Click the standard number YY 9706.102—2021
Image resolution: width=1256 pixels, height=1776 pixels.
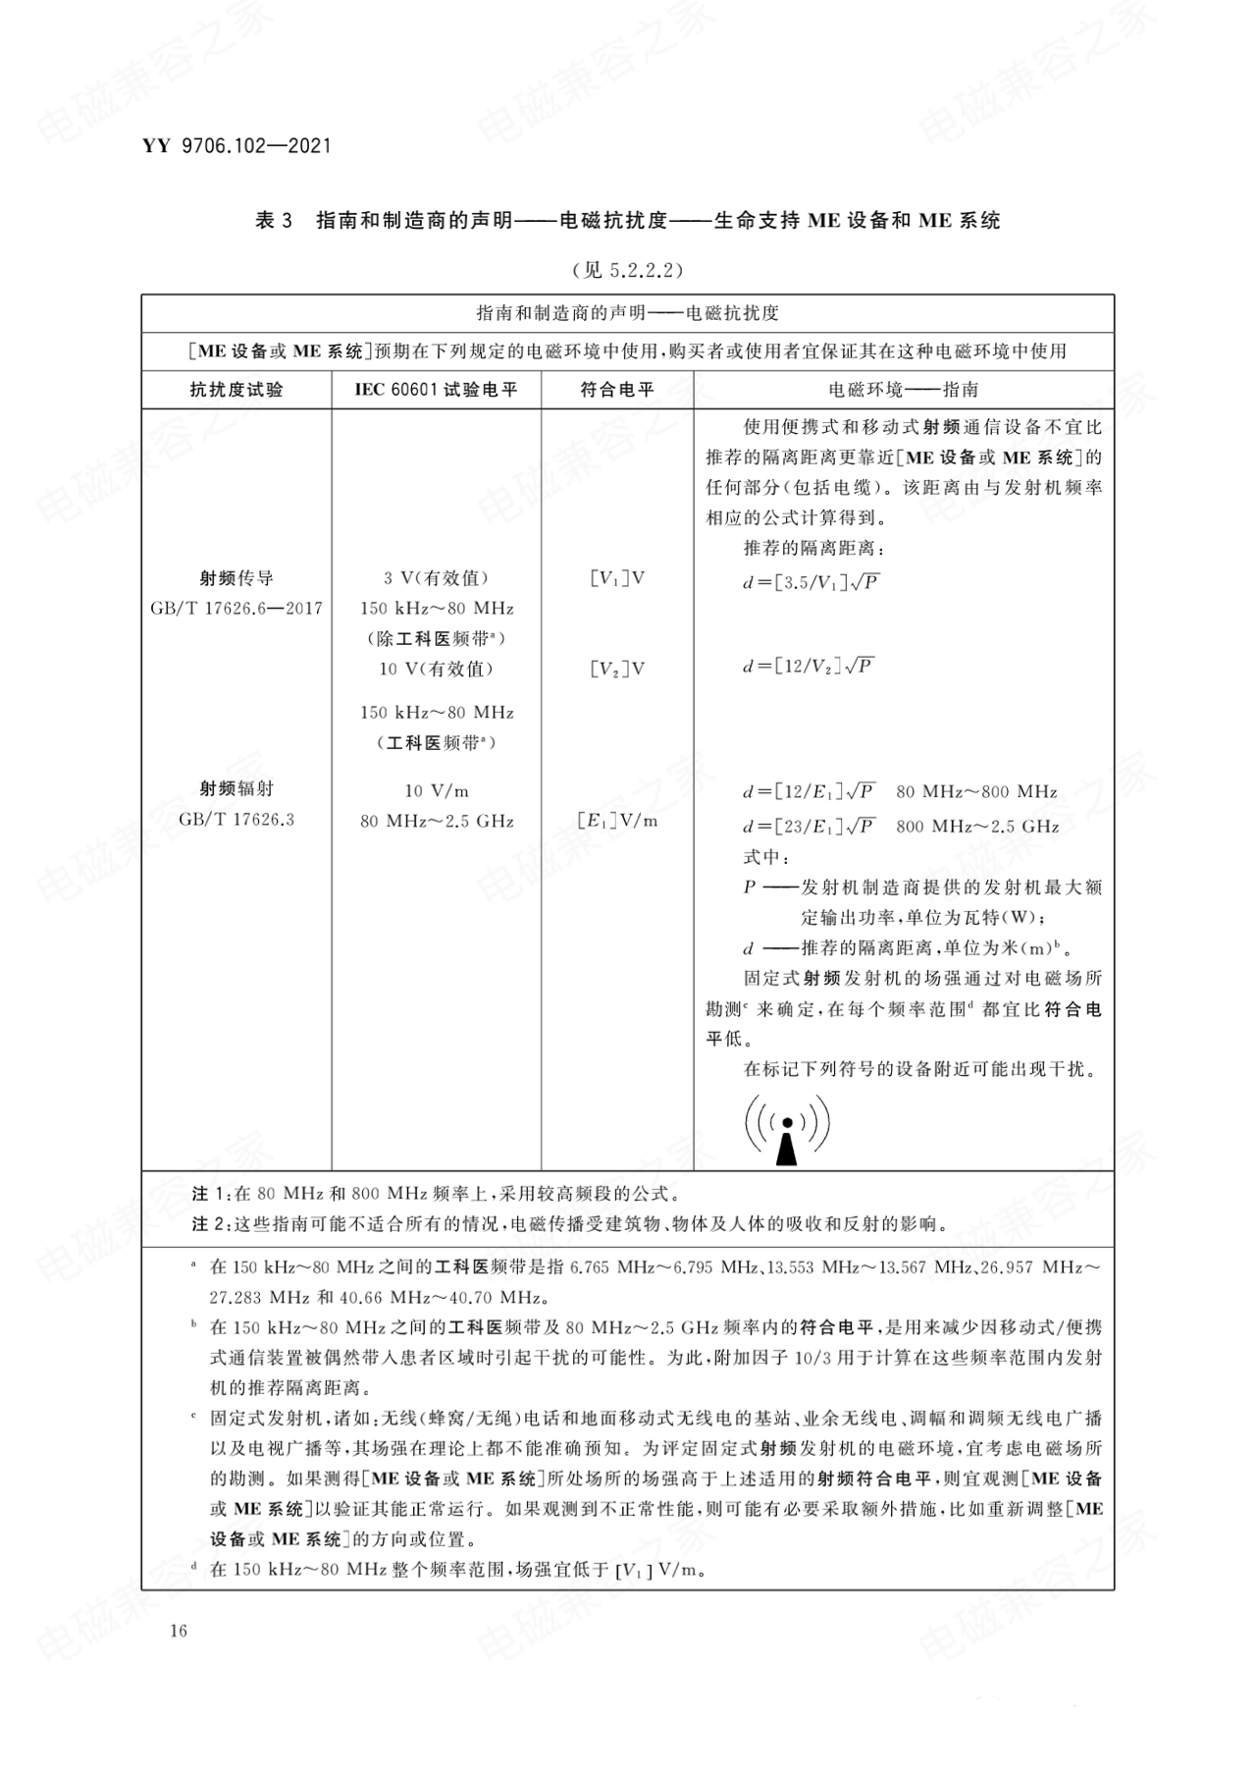(236, 146)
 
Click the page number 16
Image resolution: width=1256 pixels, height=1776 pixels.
(178, 1631)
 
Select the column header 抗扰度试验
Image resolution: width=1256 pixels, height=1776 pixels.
(236, 390)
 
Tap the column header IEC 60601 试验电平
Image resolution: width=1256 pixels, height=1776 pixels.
(436, 390)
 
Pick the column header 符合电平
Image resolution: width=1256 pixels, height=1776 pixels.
(617, 390)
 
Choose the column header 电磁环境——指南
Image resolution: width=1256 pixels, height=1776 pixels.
(903, 390)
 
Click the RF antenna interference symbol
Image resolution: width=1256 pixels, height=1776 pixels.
(787, 1129)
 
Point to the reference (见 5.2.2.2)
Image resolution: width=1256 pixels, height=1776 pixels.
(627, 270)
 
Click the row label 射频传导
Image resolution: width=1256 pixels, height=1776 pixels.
(236, 578)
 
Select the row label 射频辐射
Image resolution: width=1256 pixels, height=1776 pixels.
(236, 788)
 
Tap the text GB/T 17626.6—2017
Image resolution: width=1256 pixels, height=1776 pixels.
(236, 609)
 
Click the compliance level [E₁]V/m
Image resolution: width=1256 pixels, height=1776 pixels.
(617, 821)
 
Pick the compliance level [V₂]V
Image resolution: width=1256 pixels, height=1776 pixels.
(617, 670)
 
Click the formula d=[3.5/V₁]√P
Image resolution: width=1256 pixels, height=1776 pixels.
(811, 582)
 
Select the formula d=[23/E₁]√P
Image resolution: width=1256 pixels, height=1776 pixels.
(811, 827)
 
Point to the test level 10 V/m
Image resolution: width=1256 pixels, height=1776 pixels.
(436, 791)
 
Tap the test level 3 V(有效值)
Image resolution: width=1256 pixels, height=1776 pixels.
(436, 578)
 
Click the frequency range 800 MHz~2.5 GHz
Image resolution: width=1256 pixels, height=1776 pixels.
(977, 827)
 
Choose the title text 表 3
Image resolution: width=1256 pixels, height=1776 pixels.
(274, 221)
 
